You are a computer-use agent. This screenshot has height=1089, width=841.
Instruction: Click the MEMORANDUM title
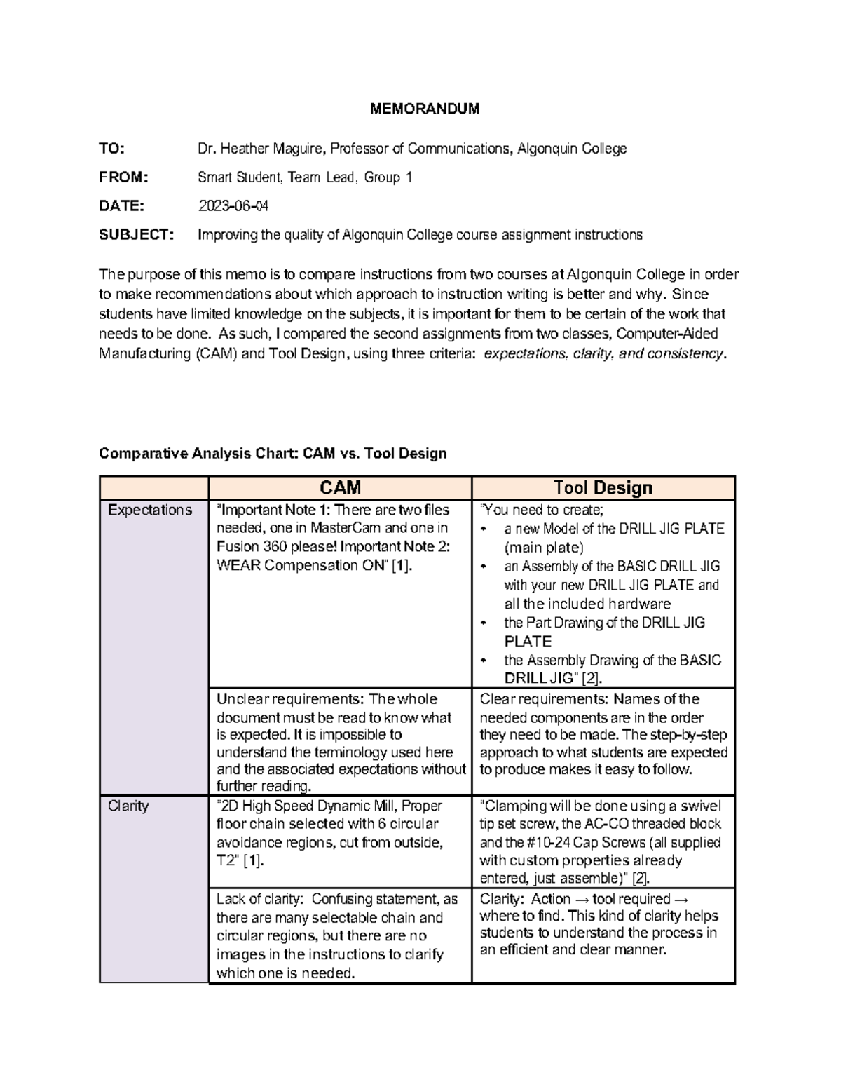(x=425, y=109)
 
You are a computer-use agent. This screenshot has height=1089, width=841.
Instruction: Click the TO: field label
(x=111, y=149)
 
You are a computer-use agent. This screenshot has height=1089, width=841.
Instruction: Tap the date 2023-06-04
(x=233, y=206)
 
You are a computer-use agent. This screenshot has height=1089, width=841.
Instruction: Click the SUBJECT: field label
(x=136, y=235)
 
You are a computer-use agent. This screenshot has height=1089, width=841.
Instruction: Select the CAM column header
(x=340, y=487)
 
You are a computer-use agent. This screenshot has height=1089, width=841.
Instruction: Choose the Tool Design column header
(x=603, y=487)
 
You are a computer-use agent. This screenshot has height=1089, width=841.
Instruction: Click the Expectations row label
(x=149, y=510)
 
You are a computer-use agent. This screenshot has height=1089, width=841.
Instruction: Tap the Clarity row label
(x=128, y=806)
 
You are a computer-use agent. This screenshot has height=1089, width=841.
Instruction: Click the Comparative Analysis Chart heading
(x=273, y=454)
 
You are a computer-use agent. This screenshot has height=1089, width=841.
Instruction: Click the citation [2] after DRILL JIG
(x=592, y=678)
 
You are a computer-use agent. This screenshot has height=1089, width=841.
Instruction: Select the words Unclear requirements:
(x=289, y=699)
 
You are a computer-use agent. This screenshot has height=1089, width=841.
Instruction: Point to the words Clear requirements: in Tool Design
(x=544, y=699)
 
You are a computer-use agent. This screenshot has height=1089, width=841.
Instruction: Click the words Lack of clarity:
(x=259, y=899)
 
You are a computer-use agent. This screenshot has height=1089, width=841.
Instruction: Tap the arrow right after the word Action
(x=581, y=899)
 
